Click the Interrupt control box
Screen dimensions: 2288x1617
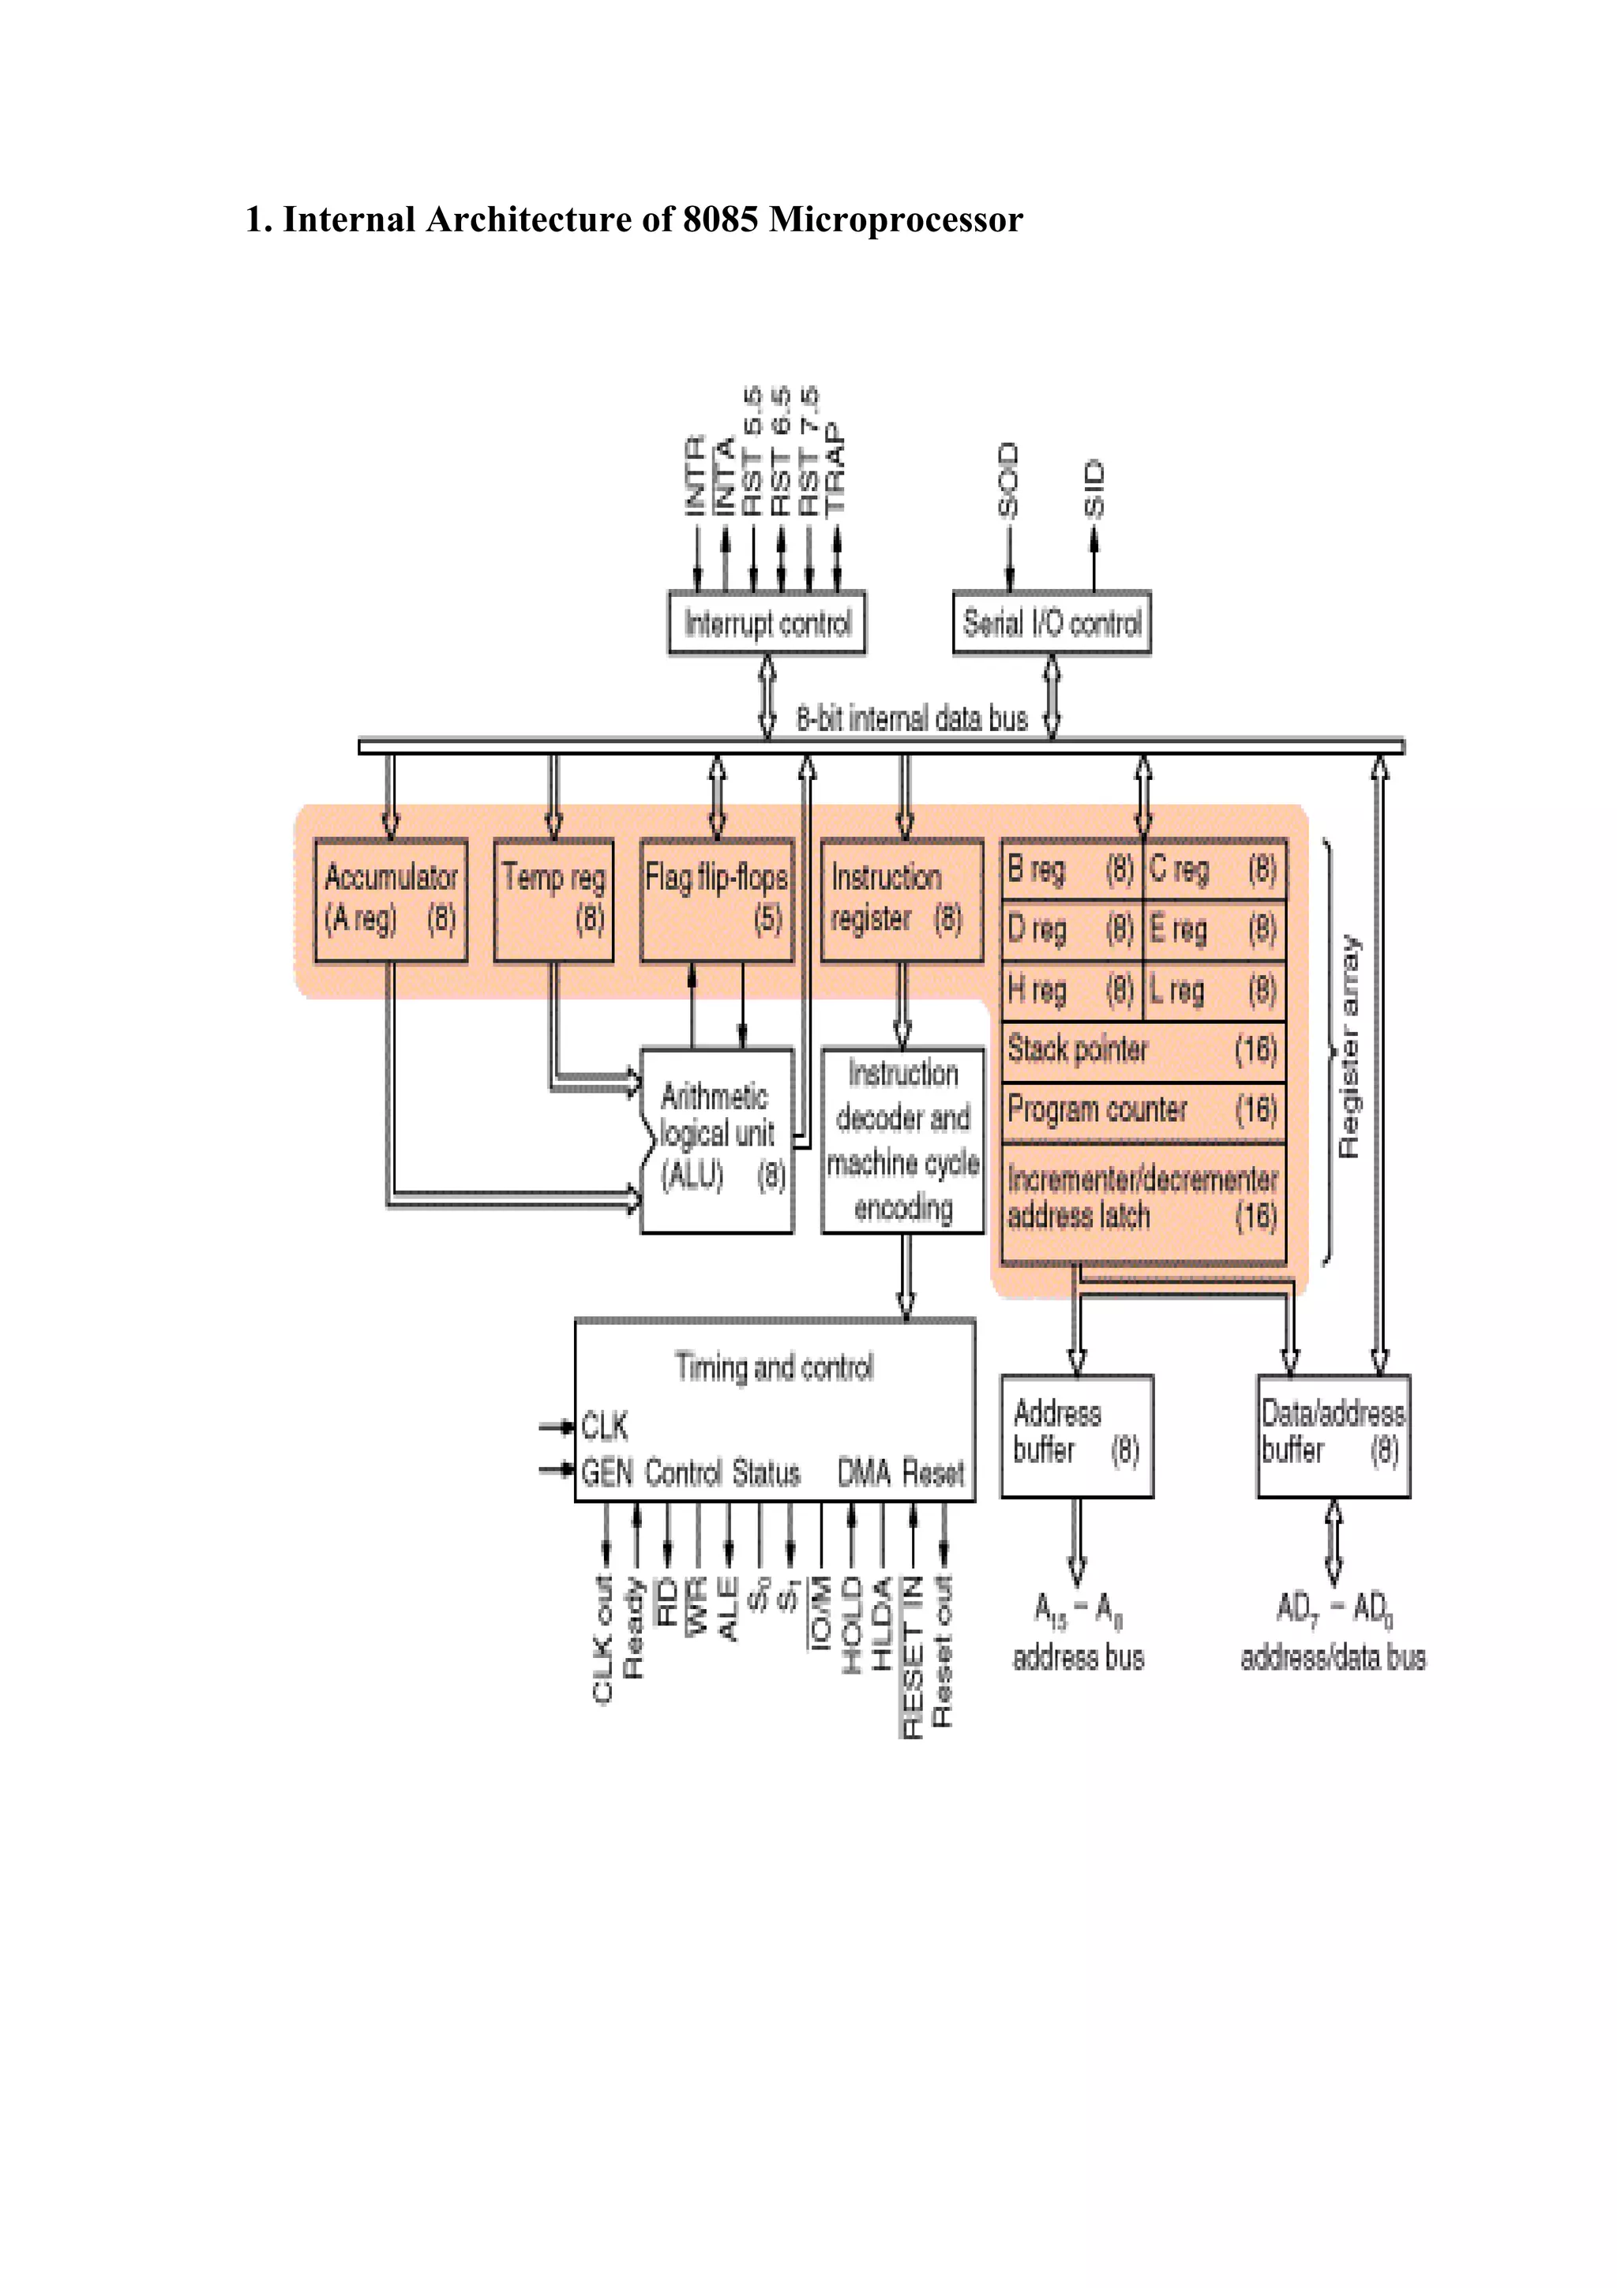click(766, 623)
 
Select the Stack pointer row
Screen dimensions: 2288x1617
click(1142, 1050)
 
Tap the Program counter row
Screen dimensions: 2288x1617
click(1142, 1110)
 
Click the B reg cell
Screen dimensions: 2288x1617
click(1071, 870)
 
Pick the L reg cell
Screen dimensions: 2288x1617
click(1214, 991)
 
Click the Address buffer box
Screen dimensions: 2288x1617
click(1076, 1435)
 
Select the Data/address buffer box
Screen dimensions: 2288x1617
click(1333, 1435)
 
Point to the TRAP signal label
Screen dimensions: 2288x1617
click(836, 468)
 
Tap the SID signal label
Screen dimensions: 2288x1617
click(1094, 488)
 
